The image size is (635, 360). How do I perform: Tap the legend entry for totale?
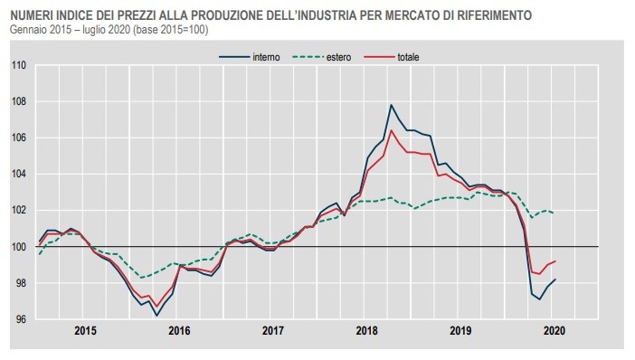click(x=412, y=57)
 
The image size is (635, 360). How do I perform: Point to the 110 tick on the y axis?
click(x=18, y=65)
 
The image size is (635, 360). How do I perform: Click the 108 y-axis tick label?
click(x=18, y=101)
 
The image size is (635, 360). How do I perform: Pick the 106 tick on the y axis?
click(x=18, y=137)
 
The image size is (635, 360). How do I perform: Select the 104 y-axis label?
click(x=18, y=174)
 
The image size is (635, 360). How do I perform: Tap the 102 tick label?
click(x=18, y=211)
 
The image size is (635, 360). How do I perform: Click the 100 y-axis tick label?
click(x=18, y=247)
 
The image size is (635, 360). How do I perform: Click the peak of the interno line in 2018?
click(x=392, y=105)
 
